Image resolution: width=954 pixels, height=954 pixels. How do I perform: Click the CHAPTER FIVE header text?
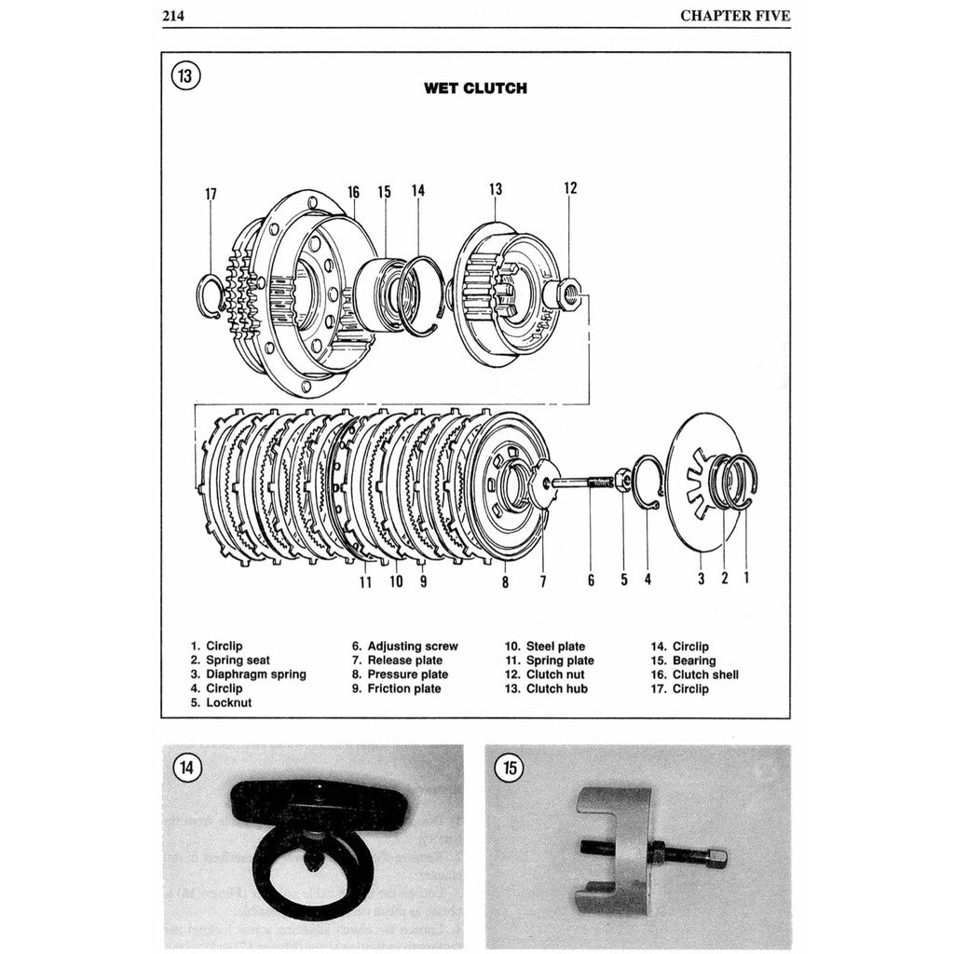tap(734, 15)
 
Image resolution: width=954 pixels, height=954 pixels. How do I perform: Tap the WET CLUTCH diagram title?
tap(475, 89)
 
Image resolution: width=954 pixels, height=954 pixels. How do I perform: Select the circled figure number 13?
tap(184, 75)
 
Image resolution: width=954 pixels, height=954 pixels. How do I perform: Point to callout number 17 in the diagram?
tap(211, 195)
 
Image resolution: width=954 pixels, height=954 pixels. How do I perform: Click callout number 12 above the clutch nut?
tap(570, 188)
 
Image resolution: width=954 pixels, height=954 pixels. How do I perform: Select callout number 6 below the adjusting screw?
tap(591, 580)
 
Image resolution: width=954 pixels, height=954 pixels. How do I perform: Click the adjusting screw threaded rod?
tap(582, 482)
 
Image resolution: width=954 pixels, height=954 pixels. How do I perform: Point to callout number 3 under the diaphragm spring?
tap(702, 579)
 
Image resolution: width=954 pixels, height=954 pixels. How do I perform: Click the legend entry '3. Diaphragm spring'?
tap(248, 675)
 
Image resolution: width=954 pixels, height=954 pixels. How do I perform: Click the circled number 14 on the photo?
tap(187, 768)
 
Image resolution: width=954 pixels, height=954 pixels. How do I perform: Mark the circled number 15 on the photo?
tap(510, 768)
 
